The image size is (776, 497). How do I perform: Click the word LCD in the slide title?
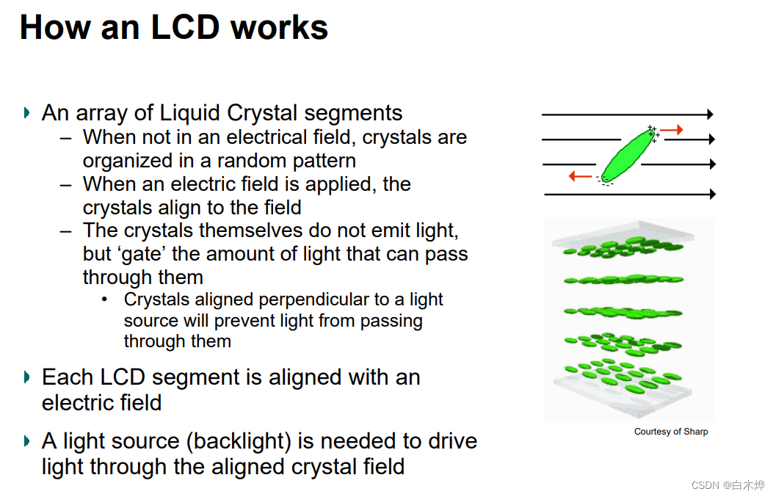[185, 27]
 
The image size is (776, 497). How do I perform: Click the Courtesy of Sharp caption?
[671, 432]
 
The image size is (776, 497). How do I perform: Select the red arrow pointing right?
[672, 130]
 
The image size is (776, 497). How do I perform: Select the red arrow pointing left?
[581, 176]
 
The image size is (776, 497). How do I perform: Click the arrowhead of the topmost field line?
[709, 115]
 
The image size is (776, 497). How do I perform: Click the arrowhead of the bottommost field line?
[711, 194]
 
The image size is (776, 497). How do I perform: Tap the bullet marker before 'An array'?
[27, 113]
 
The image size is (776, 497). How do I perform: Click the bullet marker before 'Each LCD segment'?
[27, 377]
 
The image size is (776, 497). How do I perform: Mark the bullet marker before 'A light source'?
[27, 441]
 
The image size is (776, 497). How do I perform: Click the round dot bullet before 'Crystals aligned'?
[105, 300]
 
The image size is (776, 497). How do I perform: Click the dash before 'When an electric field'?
[67, 184]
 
